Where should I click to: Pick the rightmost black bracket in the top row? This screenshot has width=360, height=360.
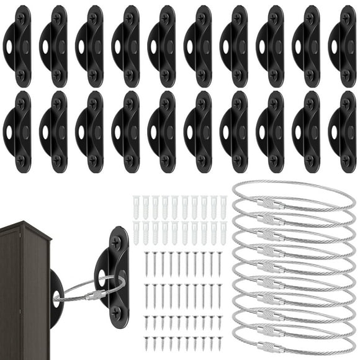click(343, 46)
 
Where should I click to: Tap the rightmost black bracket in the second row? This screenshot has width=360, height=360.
click(343, 132)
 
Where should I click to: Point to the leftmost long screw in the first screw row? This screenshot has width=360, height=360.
click(147, 264)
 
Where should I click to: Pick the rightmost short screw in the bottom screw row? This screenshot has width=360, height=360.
click(218, 343)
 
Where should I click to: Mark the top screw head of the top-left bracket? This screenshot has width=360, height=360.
click(21, 19)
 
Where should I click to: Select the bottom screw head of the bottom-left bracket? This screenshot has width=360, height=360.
click(21, 160)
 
